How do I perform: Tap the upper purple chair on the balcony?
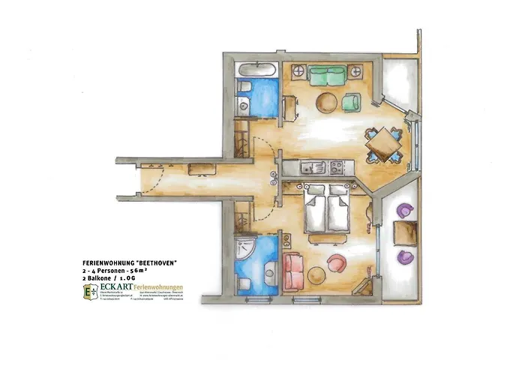coord(406,211)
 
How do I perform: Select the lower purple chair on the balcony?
coord(405,256)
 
